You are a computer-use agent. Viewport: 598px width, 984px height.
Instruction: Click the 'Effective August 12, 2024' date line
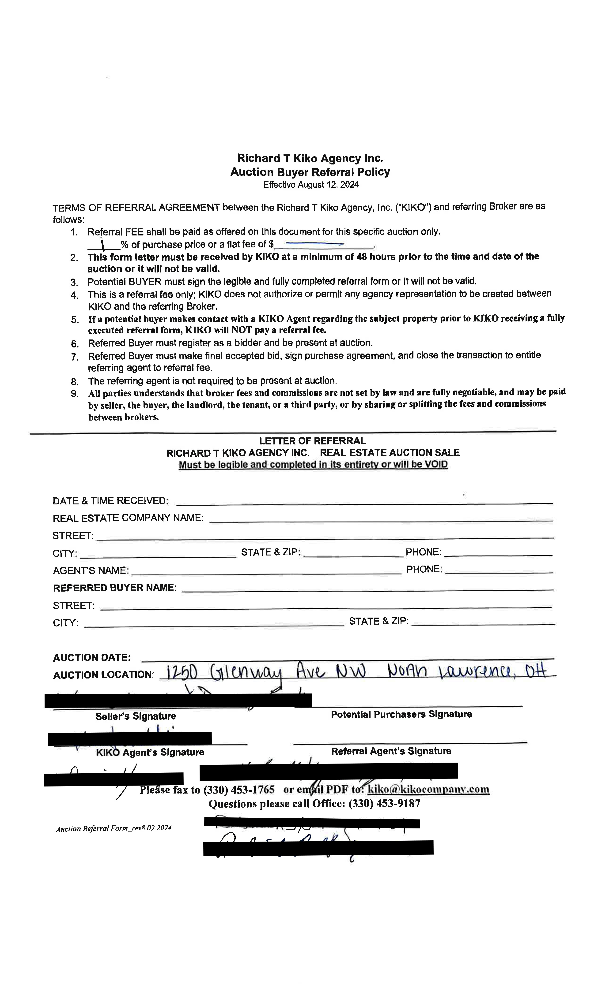click(310, 185)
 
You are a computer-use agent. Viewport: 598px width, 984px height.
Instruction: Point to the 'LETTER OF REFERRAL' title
click(312, 441)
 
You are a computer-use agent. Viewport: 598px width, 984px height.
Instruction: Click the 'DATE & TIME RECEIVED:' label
click(110, 501)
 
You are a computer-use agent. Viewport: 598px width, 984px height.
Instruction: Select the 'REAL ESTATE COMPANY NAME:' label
click(128, 518)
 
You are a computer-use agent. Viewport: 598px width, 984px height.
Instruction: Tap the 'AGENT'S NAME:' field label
click(91, 570)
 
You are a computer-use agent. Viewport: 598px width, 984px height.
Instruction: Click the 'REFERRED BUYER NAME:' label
click(115, 588)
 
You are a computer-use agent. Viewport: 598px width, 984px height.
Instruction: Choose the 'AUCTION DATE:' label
click(91, 657)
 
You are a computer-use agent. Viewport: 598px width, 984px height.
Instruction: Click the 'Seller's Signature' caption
click(136, 716)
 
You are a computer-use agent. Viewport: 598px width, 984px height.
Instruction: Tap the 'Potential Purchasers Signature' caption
click(401, 714)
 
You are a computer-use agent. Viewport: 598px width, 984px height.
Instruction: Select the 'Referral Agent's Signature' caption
click(391, 751)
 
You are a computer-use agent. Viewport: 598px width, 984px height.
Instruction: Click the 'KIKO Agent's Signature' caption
click(150, 752)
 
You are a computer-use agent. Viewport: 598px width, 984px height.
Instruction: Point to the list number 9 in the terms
click(74, 394)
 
